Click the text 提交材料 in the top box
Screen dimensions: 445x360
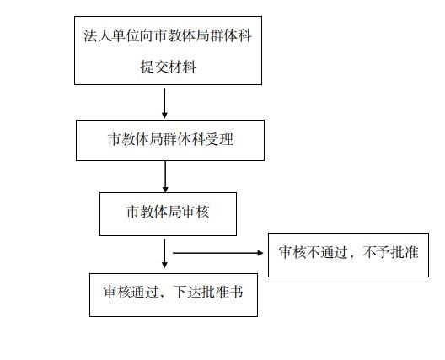(x=168, y=67)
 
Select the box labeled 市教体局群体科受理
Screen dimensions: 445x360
(x=170, y=140)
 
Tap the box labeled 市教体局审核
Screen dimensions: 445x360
(x=168, y=214)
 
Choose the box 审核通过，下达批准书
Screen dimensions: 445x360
(x=174, y=295)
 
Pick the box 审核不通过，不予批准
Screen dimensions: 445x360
(x=349, y=255)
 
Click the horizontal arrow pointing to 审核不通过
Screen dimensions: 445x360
(x=218, y=253)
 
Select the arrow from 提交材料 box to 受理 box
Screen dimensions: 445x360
(x=164, y=103)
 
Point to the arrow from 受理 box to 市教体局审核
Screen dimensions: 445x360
(x=165, y=176)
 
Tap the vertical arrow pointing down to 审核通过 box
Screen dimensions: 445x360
(x=164, y=253)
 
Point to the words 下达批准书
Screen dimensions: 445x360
(x=208, y=292)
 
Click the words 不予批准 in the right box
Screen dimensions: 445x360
(x=390, y=252)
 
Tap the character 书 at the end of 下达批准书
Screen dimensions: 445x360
(x=236, y=292)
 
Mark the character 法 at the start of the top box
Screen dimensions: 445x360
(x=90, y=35)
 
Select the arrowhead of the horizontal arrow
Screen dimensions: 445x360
(x=260, y=253)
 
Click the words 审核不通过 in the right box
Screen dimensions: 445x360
(x=314, y=252)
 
